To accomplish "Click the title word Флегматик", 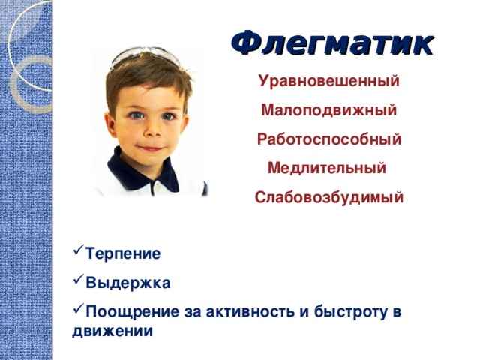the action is (332, 43).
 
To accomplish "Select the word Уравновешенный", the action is (329, 81).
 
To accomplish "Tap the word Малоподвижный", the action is (328, 110).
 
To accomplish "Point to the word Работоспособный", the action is (329, 139).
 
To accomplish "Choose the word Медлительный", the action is (327, 168).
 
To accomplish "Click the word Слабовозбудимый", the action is (329, 197).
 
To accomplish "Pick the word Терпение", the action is (123, 253).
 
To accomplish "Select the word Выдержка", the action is (128, 283).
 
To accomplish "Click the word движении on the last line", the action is (112, 331).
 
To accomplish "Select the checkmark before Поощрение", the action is (79, 307).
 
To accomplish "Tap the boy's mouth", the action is (151, 148).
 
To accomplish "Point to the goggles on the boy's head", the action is (145, 55).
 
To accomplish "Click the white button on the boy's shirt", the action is (157, 186).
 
